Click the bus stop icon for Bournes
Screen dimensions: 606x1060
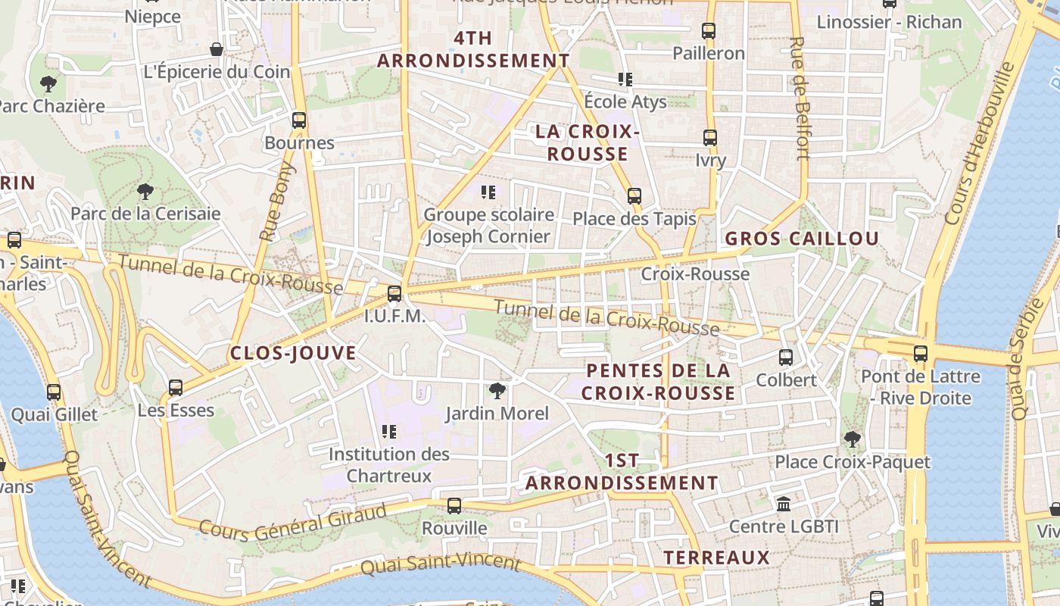click(x=299, y=120)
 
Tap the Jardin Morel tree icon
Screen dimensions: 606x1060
click(x=497, y=391)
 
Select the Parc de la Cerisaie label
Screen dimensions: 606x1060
click(x=145, y=214)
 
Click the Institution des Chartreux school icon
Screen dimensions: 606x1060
click(x=389, y=432)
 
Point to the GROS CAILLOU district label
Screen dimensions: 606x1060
click(x=802, y=239)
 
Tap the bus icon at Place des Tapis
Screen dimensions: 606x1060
click(x=634, y=196)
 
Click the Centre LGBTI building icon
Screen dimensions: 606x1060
click(x=784, y=504)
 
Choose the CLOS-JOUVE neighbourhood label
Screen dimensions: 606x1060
click(x=293, y=353)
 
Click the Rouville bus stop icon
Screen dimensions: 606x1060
click(x=454, y=505)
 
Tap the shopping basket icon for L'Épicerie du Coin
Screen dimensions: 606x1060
click(x=217, y=50)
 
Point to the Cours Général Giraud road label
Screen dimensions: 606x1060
click(x=292, y=523)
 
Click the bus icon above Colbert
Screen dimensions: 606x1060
click(x=786, y=357)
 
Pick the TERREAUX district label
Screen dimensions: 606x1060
click(x=716, y=558)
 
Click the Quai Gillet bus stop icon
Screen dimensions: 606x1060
click(x=54, y=392)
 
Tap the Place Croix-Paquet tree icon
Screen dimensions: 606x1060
click(x=853, y=439)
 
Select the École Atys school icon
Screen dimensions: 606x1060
click(x=625, y=79)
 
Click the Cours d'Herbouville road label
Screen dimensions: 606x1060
click(x=979, y=144)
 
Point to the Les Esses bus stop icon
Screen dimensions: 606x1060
click(x=176, y=388)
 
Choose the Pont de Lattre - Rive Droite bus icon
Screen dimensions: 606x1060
click(x=921, y=353)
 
